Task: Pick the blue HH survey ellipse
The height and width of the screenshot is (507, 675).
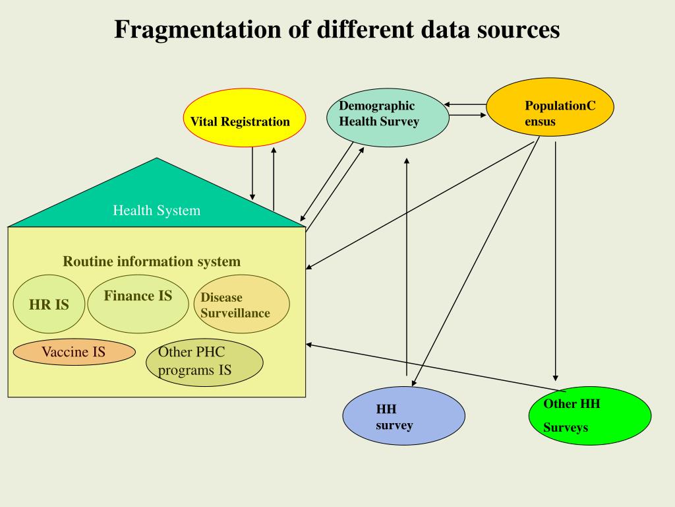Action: tap(403, 415)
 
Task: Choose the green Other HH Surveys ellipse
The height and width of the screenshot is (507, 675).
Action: tap(590, 417)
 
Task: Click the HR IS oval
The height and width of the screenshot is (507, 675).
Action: tap(49, 304)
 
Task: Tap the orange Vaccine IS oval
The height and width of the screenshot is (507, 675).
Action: tap(74, 352)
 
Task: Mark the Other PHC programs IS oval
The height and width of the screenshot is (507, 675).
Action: tap(204, 362)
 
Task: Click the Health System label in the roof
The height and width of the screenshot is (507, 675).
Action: tap(156, 211)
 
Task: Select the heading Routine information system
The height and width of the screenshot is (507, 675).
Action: tap(152, 261)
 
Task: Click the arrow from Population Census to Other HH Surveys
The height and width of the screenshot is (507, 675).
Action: tap(556, 264)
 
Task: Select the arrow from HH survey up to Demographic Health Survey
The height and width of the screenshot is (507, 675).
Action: tap(407, 264)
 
